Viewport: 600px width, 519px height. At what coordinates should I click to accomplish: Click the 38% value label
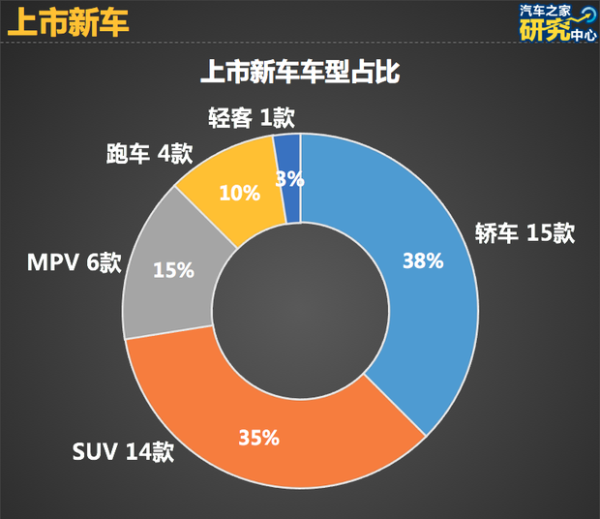[423, 260]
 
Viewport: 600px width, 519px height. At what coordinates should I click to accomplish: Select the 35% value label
[258, 437]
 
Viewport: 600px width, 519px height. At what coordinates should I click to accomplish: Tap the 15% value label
[174, 270]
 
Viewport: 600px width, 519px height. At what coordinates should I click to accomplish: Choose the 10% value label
[239, 193]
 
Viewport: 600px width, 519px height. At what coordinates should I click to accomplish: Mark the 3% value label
[290, 178]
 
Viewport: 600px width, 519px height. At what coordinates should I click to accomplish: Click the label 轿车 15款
[525, 233]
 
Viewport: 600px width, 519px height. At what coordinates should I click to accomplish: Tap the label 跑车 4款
[149, 154]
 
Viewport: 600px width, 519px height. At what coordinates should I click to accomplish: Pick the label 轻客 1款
[251, 118]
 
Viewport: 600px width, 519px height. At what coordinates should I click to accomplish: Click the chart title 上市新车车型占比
[300, 72]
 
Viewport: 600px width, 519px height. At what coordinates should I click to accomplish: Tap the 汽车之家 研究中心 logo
[555, 23]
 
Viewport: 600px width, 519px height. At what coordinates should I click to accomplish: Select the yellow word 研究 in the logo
[540, 31]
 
